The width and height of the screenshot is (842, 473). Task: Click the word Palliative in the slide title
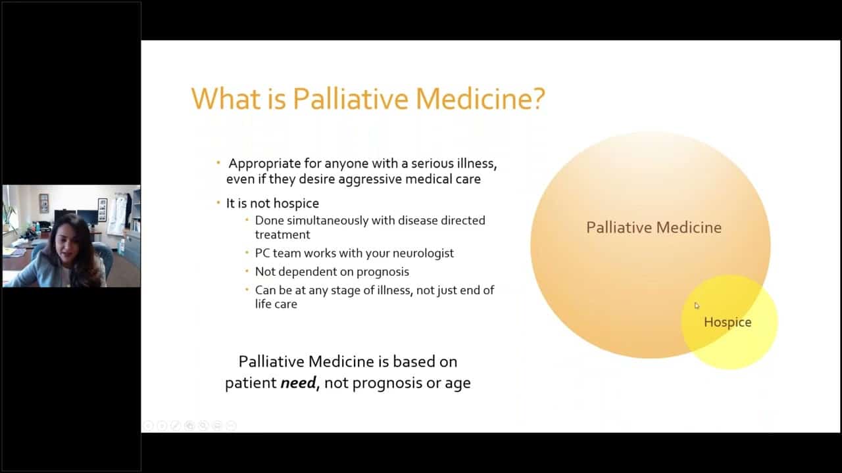[351, 99]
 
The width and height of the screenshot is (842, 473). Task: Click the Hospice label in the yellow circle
[728, 323]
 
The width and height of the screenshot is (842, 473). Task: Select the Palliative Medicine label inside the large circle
[654, 227]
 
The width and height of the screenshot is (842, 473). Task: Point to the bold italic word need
[299, 383]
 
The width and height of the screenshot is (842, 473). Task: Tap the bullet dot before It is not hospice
[218, 202]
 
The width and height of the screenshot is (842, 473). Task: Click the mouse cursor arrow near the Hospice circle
[697, 305]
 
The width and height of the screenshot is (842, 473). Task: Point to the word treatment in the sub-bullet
[283, 235]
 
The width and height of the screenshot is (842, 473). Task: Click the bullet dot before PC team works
[247, 253]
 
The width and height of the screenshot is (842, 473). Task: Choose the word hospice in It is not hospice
[296, 204]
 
